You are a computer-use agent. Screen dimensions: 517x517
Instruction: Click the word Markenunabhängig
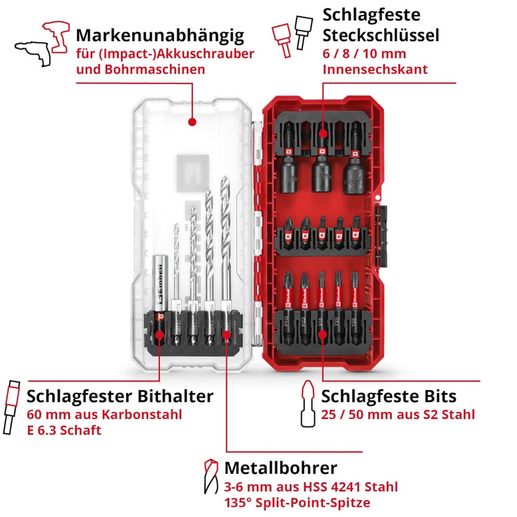(x=160, y=36)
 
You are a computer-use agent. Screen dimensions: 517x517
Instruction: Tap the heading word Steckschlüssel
(x=381, y=35)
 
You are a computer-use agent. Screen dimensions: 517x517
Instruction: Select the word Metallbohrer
(x=281, y=468)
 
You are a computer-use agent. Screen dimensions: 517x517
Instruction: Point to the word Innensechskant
(x=375, y=69)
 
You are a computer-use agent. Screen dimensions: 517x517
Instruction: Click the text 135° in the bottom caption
(x=238, y=503)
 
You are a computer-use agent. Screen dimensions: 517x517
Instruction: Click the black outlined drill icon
(x=33, y=53)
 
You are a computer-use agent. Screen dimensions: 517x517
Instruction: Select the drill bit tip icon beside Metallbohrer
(x=210, y=476)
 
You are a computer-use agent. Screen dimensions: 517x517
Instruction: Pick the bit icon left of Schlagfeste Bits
(x=307, y=404)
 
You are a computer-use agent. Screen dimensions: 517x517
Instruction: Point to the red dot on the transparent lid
(x=192, y=122)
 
